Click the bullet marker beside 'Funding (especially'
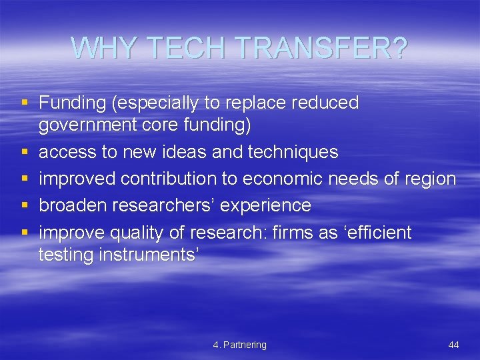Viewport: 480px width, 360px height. point(25,103)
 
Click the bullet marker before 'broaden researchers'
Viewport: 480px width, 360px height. point(25,206)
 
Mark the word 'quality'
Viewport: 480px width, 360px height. point(130,233)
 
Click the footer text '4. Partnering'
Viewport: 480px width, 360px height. point(240,345)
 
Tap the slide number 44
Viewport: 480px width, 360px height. point(454,345)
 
